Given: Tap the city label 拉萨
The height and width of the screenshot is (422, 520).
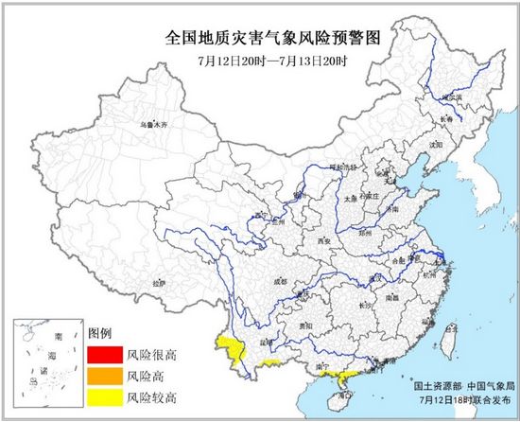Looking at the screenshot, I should click(157, 282).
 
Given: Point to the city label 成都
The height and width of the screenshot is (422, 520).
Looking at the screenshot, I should click(280, 281).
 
